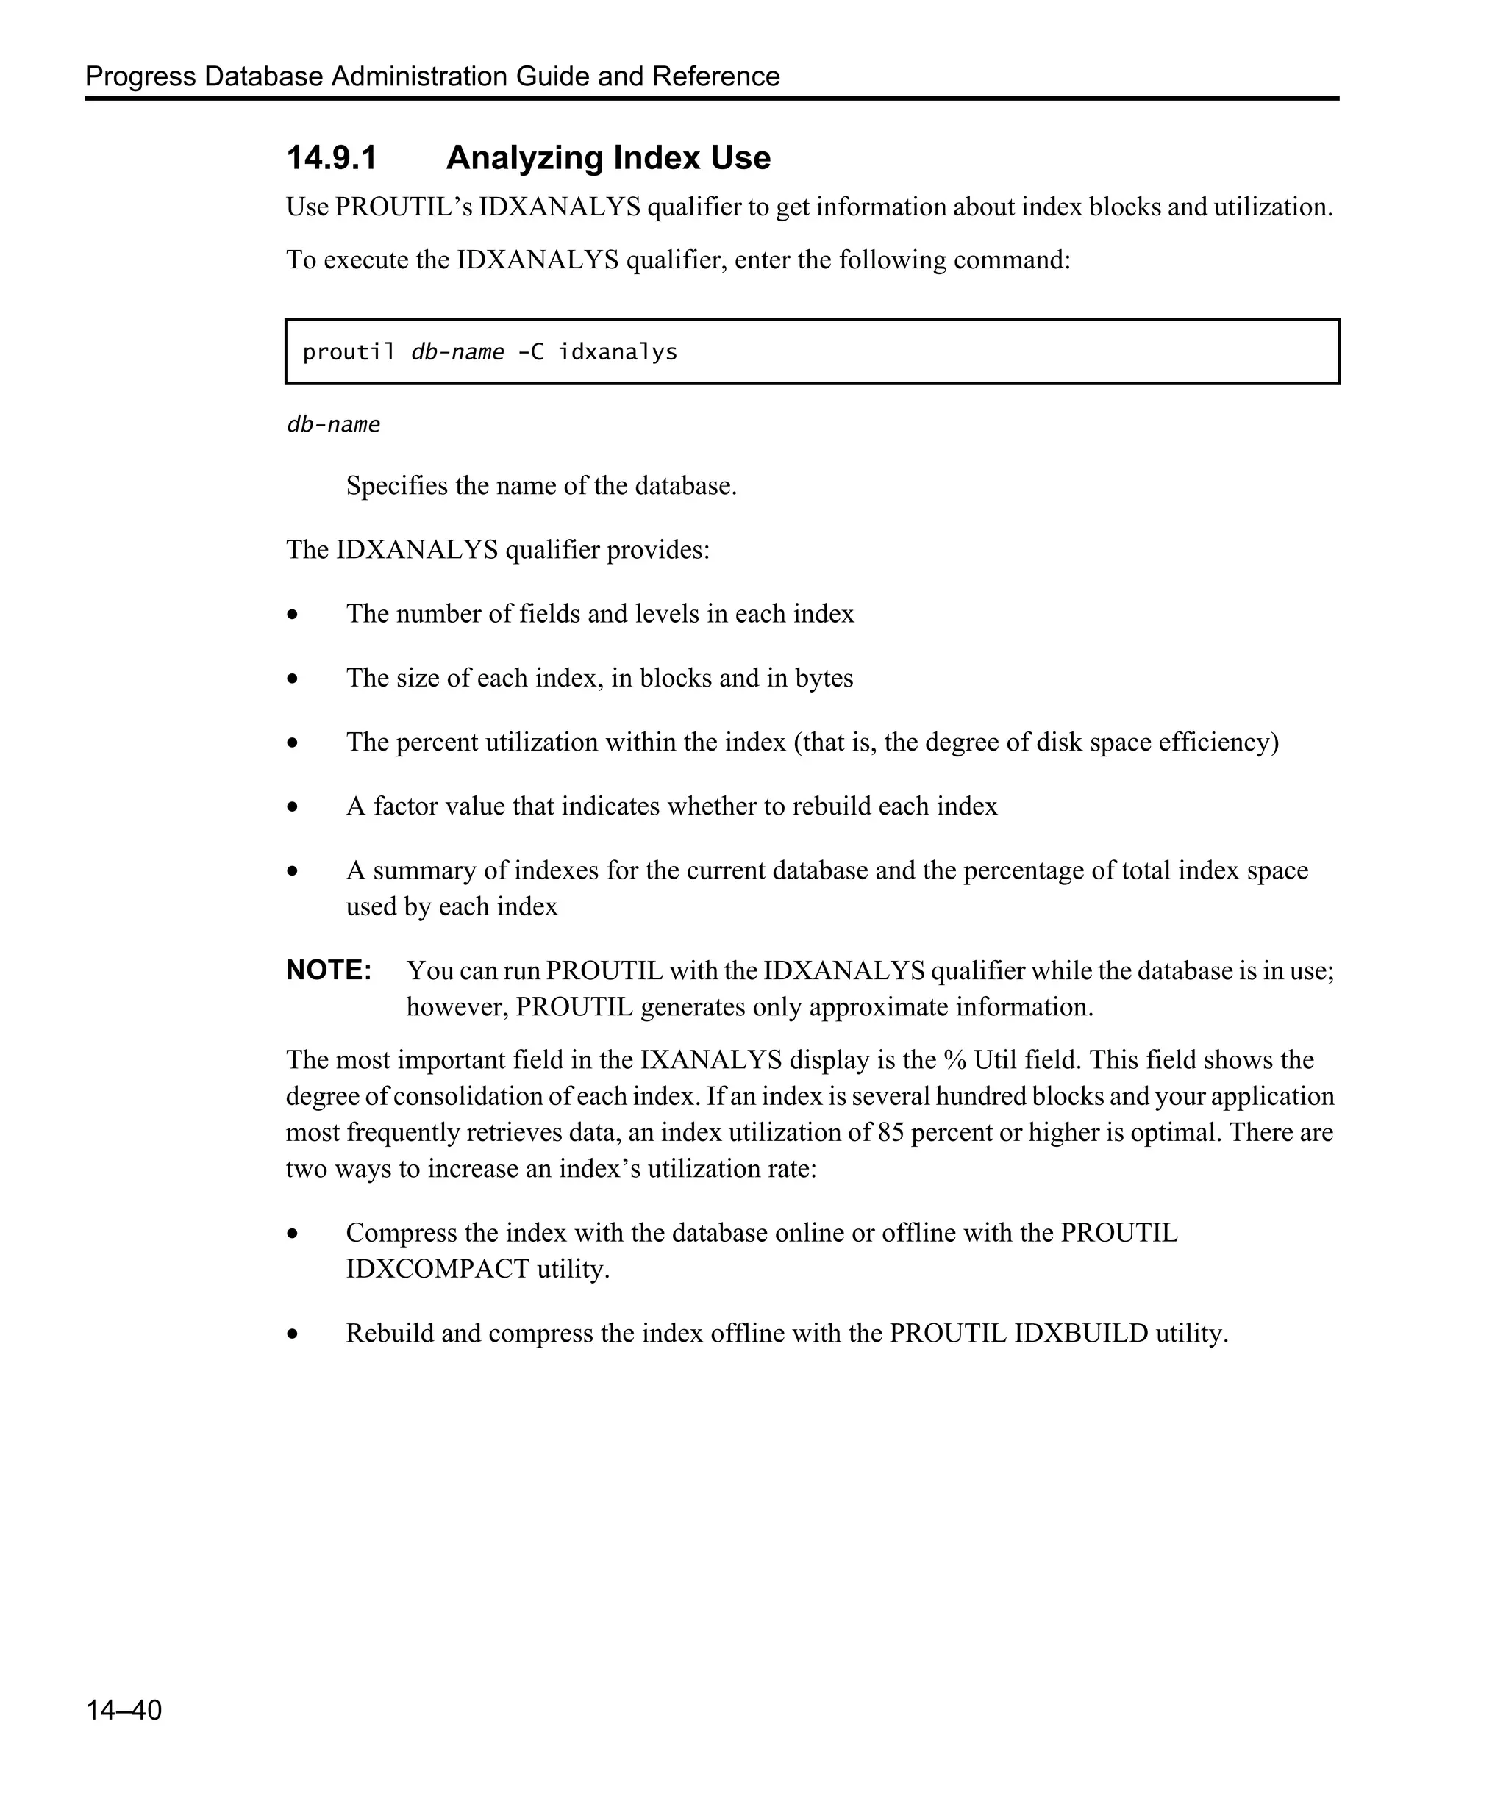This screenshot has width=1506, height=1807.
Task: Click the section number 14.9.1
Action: (332, 158)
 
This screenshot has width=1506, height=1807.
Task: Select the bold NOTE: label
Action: (329, 970)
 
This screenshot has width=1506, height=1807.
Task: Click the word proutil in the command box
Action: (349, 353)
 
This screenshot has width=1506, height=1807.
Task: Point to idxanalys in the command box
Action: (617, 353)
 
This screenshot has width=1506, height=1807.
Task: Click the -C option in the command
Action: (530, 353)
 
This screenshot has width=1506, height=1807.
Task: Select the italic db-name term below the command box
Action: (333, 425)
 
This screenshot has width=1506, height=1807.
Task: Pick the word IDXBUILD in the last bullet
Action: (1081, 1333)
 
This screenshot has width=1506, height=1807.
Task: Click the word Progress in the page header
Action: (140, 76)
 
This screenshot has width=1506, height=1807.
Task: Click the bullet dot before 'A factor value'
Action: (293, 807)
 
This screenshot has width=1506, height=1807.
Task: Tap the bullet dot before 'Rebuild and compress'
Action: (293, 1334)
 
